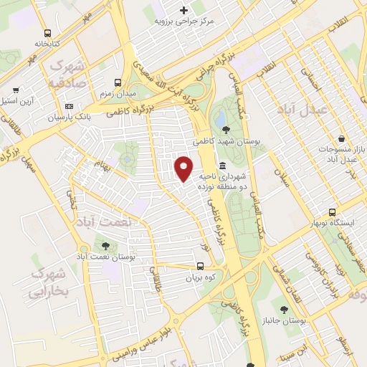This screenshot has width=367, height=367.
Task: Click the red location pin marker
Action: click(x=184, y=167)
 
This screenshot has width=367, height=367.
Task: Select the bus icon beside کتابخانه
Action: click(x=47, y=33)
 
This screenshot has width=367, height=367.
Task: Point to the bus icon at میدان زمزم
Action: click(x=118, y=82)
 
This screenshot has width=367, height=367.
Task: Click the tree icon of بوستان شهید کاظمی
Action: click(x=227, y=130)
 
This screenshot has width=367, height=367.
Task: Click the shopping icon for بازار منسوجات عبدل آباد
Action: click(x=341, y=139)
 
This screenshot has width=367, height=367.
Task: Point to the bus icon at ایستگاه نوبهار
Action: click(x=332, y=212)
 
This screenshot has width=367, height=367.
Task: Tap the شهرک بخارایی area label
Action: click(x=48, y=283)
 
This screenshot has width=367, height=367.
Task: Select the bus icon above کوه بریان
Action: click(x=200, y=264)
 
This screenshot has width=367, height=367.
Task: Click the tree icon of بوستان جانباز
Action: click(x=285, y=310)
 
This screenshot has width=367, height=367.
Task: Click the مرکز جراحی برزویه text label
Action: click(x=185, y=22)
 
